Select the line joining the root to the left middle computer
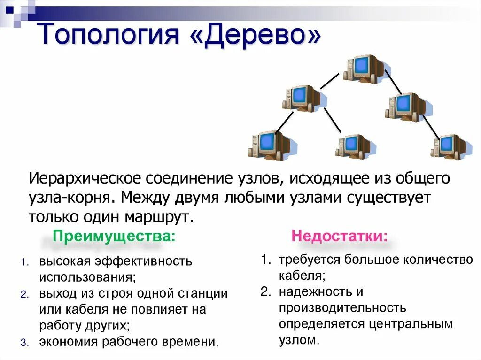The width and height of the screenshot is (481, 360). (x=329, y=81)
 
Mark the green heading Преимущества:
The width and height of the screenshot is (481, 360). (x=114, y=236)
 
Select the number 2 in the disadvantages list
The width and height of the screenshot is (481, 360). (x=265, y=291)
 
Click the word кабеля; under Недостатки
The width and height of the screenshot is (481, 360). (x=302, y=275)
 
